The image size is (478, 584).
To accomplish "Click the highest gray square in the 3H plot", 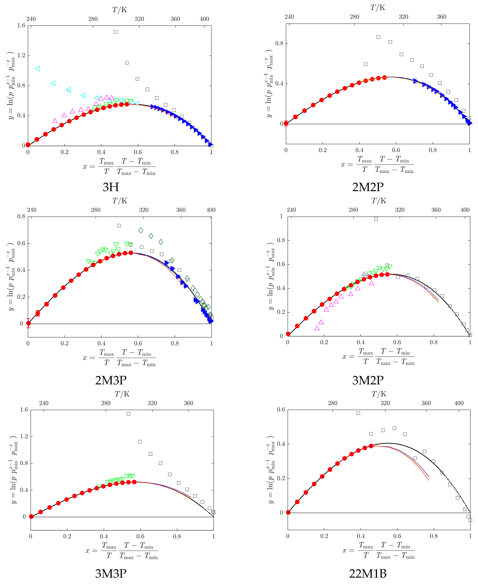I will point(116,32).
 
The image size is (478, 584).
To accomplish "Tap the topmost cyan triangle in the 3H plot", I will point(38,69).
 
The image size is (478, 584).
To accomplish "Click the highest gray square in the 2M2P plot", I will point(378,37).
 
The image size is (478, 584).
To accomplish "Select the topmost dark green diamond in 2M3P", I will point(141,230).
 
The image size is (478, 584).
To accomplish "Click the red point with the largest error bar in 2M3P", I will point(28,323).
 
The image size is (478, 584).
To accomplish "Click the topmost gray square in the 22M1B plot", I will point(358,413).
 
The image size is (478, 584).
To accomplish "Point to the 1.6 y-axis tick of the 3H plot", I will point(21,26).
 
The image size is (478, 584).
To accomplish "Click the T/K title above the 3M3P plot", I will point(122,394).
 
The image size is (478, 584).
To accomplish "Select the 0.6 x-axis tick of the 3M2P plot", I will point(397,342).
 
